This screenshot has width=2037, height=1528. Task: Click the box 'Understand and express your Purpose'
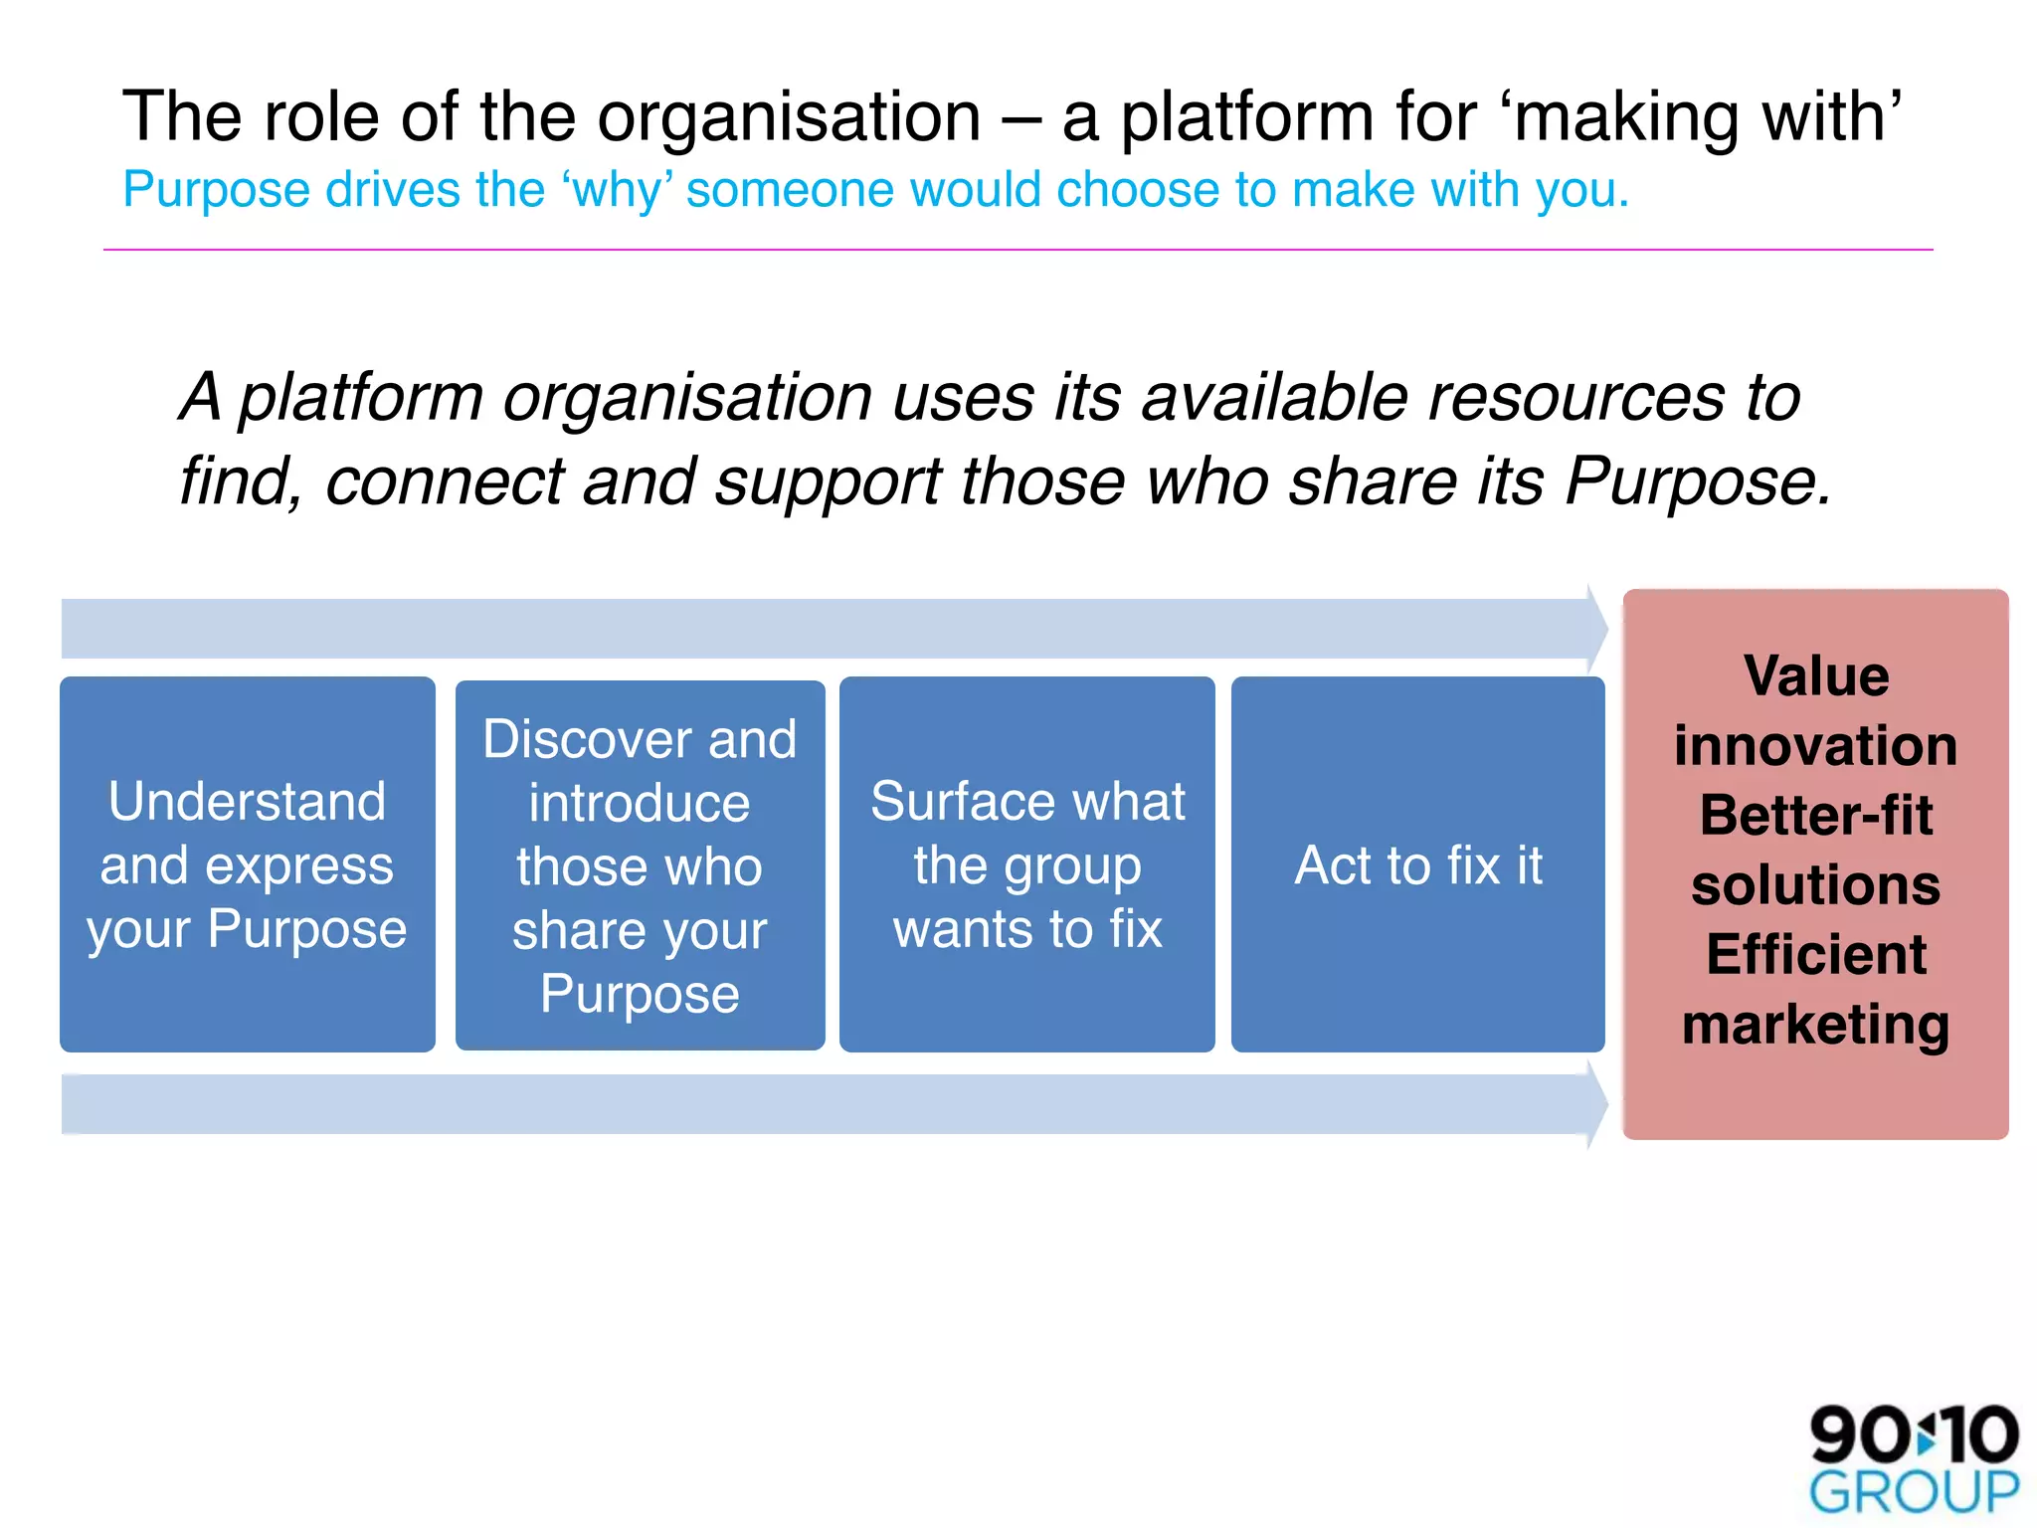[248, 863]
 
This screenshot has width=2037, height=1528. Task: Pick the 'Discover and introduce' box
[640, 864]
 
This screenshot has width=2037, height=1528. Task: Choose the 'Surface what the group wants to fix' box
[1027, 863]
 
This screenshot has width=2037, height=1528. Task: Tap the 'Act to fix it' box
[1417, 863]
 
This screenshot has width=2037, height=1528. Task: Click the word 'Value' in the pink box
[1816, 676]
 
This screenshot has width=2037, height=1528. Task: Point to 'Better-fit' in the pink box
[1816, 816]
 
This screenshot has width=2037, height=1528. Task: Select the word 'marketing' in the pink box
[1816, 1025]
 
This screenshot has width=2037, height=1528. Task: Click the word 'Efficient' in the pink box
[1816, 955]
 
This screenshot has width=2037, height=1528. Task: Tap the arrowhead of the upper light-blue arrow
[1595, 628]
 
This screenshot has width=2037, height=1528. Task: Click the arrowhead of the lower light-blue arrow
[1595, 1104]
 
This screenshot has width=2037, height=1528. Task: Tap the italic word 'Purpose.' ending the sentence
[1697, 482]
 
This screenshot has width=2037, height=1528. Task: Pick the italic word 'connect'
[445, 482]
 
